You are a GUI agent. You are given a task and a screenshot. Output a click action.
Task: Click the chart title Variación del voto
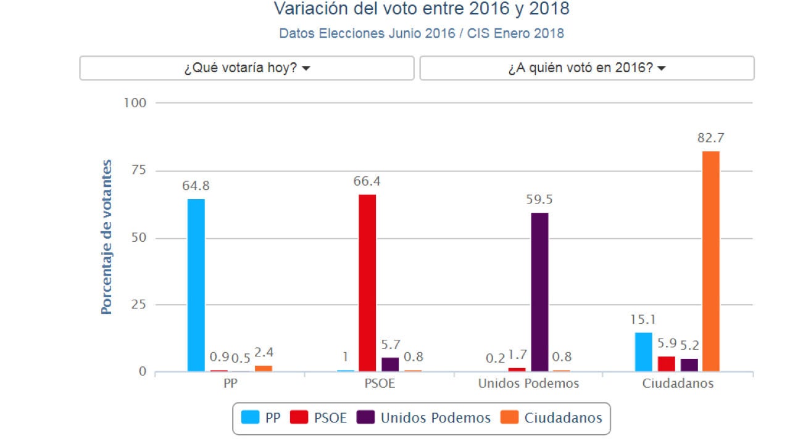(422, 9)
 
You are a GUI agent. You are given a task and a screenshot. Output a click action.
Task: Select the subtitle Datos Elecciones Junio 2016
(422, 33)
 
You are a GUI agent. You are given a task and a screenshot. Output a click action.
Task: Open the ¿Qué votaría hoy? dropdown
(247, 68)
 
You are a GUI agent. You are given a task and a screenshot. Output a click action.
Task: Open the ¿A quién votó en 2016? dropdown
(587, 68)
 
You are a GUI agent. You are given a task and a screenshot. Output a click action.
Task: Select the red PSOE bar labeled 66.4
(367, 283)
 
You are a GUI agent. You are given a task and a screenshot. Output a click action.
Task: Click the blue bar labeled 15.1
(643, 351)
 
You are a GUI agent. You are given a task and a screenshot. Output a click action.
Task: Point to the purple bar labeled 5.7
(390, 364)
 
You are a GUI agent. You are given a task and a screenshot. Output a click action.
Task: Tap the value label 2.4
(264, 353)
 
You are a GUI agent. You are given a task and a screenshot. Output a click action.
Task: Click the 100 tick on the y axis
(135, 103)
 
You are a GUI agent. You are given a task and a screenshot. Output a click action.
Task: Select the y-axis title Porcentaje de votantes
(107, 237)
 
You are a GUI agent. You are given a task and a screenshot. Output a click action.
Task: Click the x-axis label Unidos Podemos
(528, 384)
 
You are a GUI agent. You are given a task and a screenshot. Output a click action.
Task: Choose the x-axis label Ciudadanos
(678, 384)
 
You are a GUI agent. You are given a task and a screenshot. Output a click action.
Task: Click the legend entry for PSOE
(319, 418)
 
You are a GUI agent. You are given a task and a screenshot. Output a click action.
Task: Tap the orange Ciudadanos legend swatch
(510, 417)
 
